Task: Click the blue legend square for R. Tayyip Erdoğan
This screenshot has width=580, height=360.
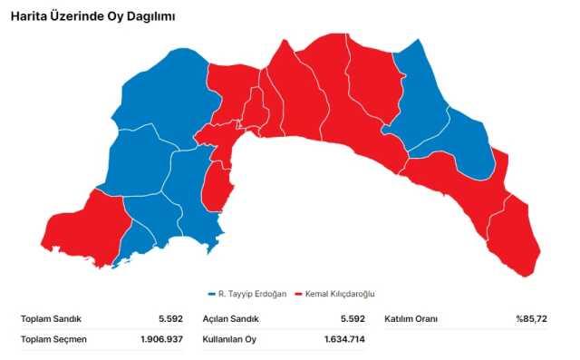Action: (x=211, y=294)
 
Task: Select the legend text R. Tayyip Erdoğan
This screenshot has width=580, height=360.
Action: (x=253, y=294)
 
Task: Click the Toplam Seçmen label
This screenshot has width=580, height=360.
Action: (x=50, y=339)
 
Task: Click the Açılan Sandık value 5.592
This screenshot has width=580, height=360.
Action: (x=353, y=319)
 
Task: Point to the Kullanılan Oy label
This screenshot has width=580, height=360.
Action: (x=229, y=339)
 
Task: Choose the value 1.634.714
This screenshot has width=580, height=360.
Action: (x=344, y=339)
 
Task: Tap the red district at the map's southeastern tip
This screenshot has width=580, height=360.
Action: (x=517, y=240)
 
